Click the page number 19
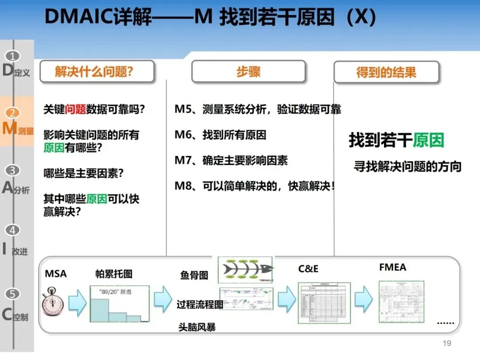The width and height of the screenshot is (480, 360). pyautogui.click(x=447, y=343)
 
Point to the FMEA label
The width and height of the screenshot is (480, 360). pyautogui.click(x=392, y=268)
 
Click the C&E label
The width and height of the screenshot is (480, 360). pyautogui.click(x=308, y=269)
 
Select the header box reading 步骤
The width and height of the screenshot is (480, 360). pyautogui.click(x=248, y=72)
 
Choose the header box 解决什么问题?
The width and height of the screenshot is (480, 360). pyautogui.click(x=97, y=72)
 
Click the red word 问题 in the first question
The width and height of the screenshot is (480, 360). pyautogui.click(x=76, y=109)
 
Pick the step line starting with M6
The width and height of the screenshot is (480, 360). pyautogui.click(x=220, y=135)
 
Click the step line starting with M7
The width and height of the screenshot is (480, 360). pyautogui.click(x=231, y=160)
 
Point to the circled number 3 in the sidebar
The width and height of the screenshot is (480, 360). pyautogui.click(x=13, y=170)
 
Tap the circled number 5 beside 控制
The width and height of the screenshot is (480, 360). pyautogui.click(x=13, y=294)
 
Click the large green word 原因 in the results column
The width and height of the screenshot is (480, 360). pyautogui.click(x=428, y=140)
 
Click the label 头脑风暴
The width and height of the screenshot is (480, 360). pyautogui.click(x=197, y=328)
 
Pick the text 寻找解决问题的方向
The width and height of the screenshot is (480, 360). pyautogui.click(x=407, y=167)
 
